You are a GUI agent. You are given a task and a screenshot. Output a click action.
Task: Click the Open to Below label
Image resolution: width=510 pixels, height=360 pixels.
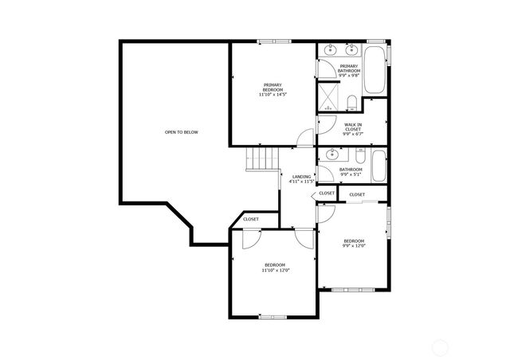pos(181,132)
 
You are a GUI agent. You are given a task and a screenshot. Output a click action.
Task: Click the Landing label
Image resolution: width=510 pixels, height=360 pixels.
pos(301,177)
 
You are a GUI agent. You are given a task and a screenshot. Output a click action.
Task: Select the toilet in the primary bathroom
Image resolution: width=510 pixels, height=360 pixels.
pos(351,100)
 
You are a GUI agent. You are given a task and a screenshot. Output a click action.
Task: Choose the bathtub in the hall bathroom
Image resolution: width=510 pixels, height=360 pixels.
pos(378,167)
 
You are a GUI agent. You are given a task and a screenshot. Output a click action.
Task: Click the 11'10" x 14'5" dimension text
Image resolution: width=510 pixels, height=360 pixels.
pos(273,94)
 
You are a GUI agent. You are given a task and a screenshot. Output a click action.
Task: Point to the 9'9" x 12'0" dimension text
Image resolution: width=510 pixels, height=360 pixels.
pos(354,245)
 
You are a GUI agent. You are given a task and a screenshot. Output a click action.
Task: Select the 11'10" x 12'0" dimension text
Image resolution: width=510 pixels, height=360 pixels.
pos(275,270)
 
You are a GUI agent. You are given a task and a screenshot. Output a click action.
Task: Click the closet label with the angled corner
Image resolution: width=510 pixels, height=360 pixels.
pos(250,219)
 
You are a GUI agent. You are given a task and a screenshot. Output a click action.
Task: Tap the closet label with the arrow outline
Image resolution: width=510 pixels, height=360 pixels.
pos(327,194)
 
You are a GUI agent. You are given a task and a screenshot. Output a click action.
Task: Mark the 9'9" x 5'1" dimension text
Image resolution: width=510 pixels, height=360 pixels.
pos(351,174)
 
